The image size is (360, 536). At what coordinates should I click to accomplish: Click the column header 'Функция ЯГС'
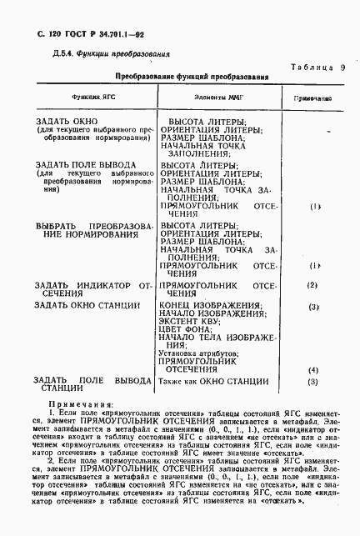tap(92, 98)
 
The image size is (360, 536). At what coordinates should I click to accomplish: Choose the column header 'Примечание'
tap(313, 98)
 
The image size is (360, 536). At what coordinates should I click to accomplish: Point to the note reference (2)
tap(313, 286)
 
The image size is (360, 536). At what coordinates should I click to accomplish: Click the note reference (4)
tap(313, 369)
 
